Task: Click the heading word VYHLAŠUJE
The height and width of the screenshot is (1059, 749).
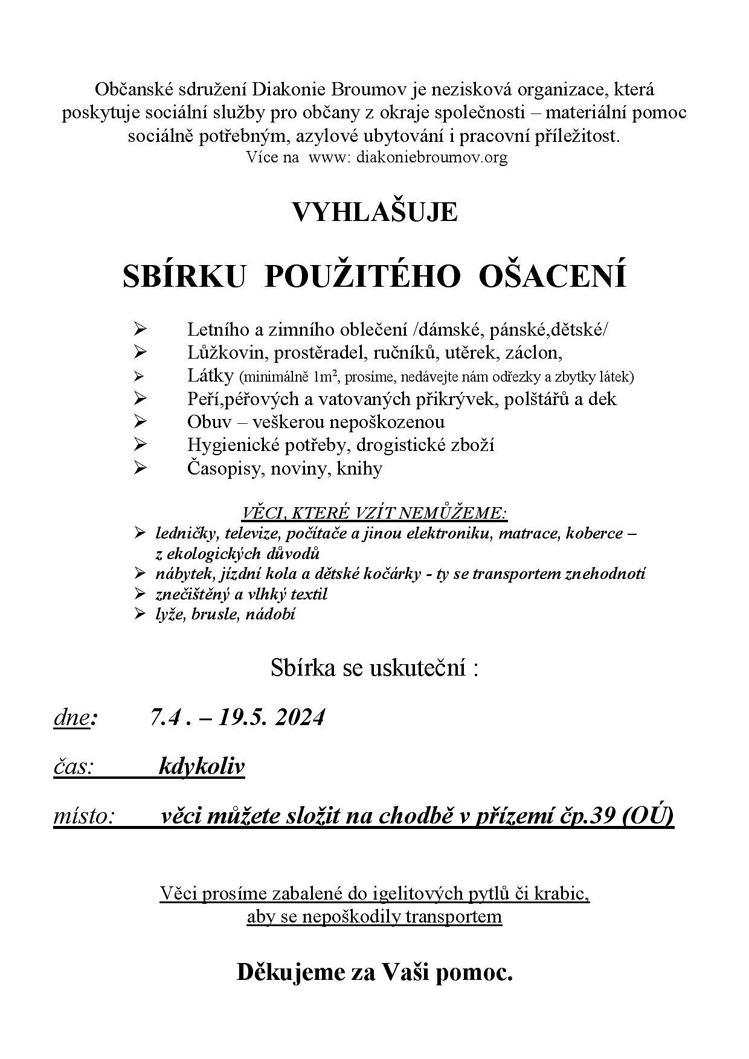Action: point(374,213)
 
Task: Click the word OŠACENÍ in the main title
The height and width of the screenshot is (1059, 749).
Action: point(552,277)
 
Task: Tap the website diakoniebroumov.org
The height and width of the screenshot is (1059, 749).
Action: point(432,158)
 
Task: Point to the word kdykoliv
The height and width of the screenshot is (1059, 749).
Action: point(201,766)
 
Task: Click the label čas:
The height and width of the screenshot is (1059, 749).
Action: point(74,767)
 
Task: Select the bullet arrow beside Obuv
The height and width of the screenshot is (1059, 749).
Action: point(140,421)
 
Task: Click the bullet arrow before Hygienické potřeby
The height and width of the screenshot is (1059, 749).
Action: point(140,445)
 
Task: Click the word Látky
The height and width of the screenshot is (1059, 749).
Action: point(210,376)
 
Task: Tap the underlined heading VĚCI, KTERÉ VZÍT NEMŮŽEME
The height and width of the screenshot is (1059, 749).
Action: point(374,514)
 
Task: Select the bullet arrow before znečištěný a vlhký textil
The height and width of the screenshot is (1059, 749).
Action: point(140,595)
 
